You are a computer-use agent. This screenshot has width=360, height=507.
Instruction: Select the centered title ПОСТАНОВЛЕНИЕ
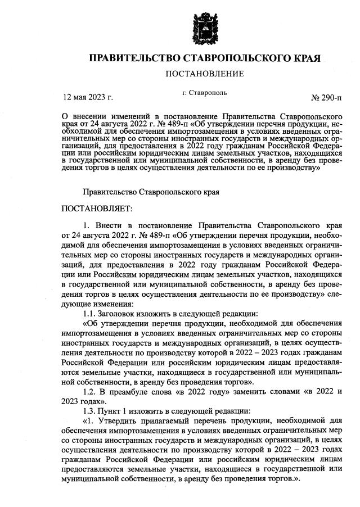(204, 74)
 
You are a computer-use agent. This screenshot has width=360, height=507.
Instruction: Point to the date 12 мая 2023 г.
(88, 97)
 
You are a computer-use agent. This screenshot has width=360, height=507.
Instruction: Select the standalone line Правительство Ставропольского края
(151, 191)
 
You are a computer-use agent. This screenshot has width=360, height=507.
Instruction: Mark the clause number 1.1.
(89, 313)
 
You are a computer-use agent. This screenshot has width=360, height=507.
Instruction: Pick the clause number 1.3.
(89, 413)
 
